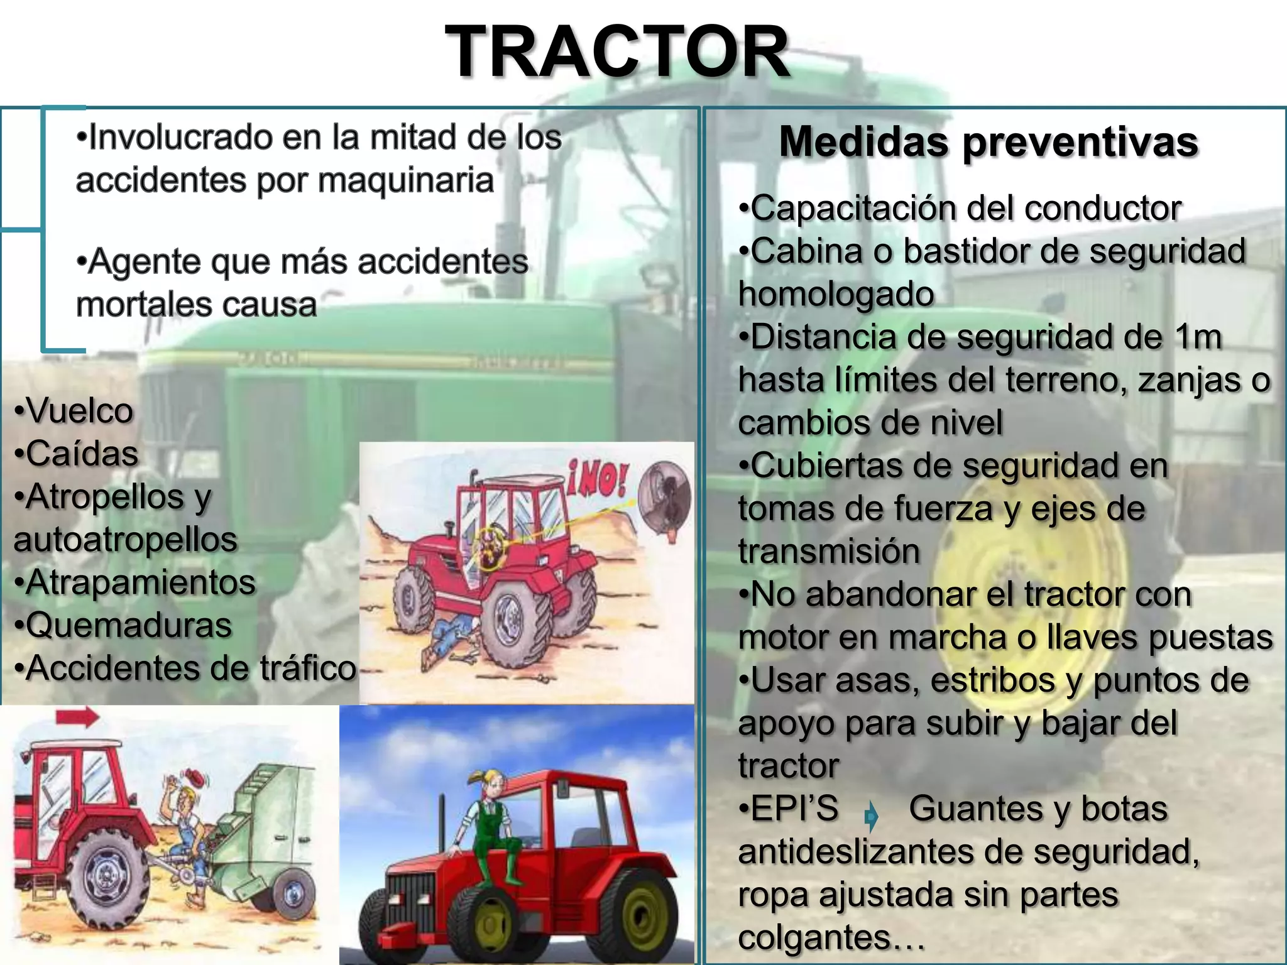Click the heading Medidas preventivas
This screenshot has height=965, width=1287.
tap(989, 142)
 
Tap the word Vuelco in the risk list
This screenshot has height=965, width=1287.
tap(80, 412)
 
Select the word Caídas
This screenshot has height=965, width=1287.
tap(82, 454)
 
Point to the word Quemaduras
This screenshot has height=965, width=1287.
tap(129, 626)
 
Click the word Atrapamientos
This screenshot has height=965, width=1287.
tap(141, 582)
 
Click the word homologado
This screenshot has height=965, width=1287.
tap(836, 294)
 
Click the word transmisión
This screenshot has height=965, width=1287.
tap(829, 552)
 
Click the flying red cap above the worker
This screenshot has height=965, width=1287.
tap(200, 779)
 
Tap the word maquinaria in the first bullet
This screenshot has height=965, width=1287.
tap(406, 181)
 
